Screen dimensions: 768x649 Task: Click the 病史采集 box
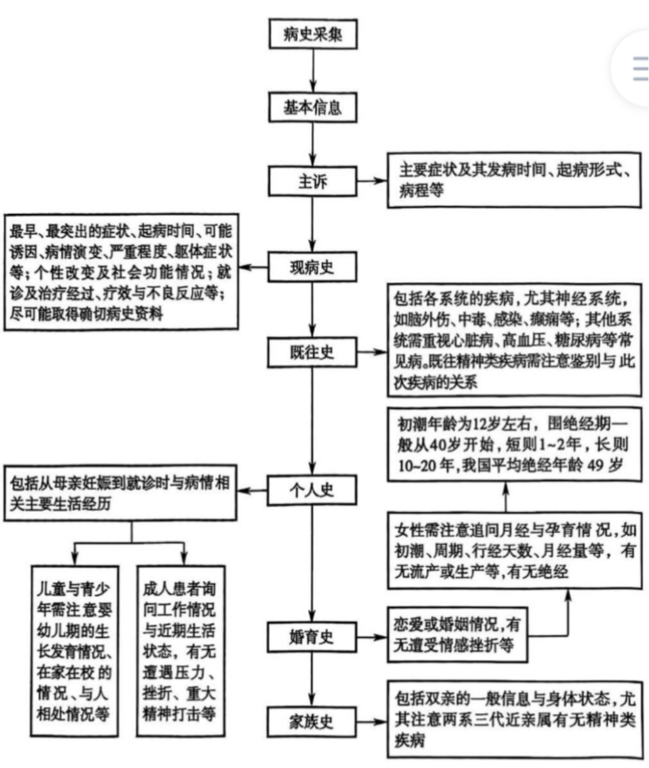pyautogui.click(x=312, y=34)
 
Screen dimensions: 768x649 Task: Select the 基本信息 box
pyautogui.click(x=312, y=108)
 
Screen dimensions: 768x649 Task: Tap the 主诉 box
pyautogui.click(x=312, y=181)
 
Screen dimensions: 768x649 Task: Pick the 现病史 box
pyautogui.click(x=312, y=267)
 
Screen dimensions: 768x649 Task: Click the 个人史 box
pyautogui.click(x=312, y=490)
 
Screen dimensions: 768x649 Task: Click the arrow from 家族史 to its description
pyautogui.click(x=373, y=721)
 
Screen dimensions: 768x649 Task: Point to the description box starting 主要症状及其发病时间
pyautogui.click(x=514, y=180)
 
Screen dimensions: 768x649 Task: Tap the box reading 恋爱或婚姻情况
pyautogui.click(x=457, y=635)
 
